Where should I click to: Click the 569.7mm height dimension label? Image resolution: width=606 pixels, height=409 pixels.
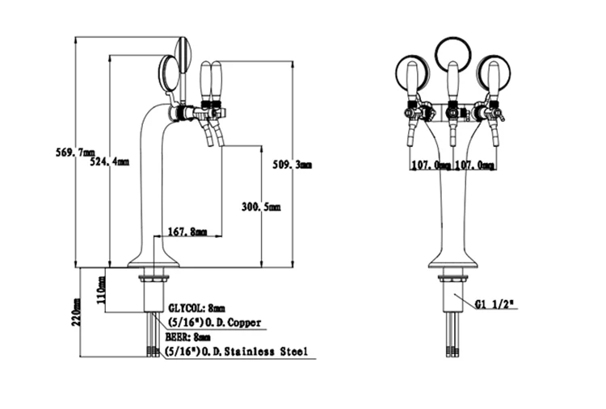73,153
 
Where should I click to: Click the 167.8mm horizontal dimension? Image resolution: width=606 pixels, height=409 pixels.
187,232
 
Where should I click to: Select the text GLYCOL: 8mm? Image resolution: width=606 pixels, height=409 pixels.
196,308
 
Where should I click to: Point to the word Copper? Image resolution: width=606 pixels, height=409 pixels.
244,323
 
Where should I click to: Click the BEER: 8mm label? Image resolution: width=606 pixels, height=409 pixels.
187,337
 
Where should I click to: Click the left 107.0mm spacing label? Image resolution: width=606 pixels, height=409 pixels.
430,165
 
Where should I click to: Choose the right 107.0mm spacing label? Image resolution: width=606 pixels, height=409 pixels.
473,165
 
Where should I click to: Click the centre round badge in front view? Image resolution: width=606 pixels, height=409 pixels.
452,54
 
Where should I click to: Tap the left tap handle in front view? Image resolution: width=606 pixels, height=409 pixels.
412,79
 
